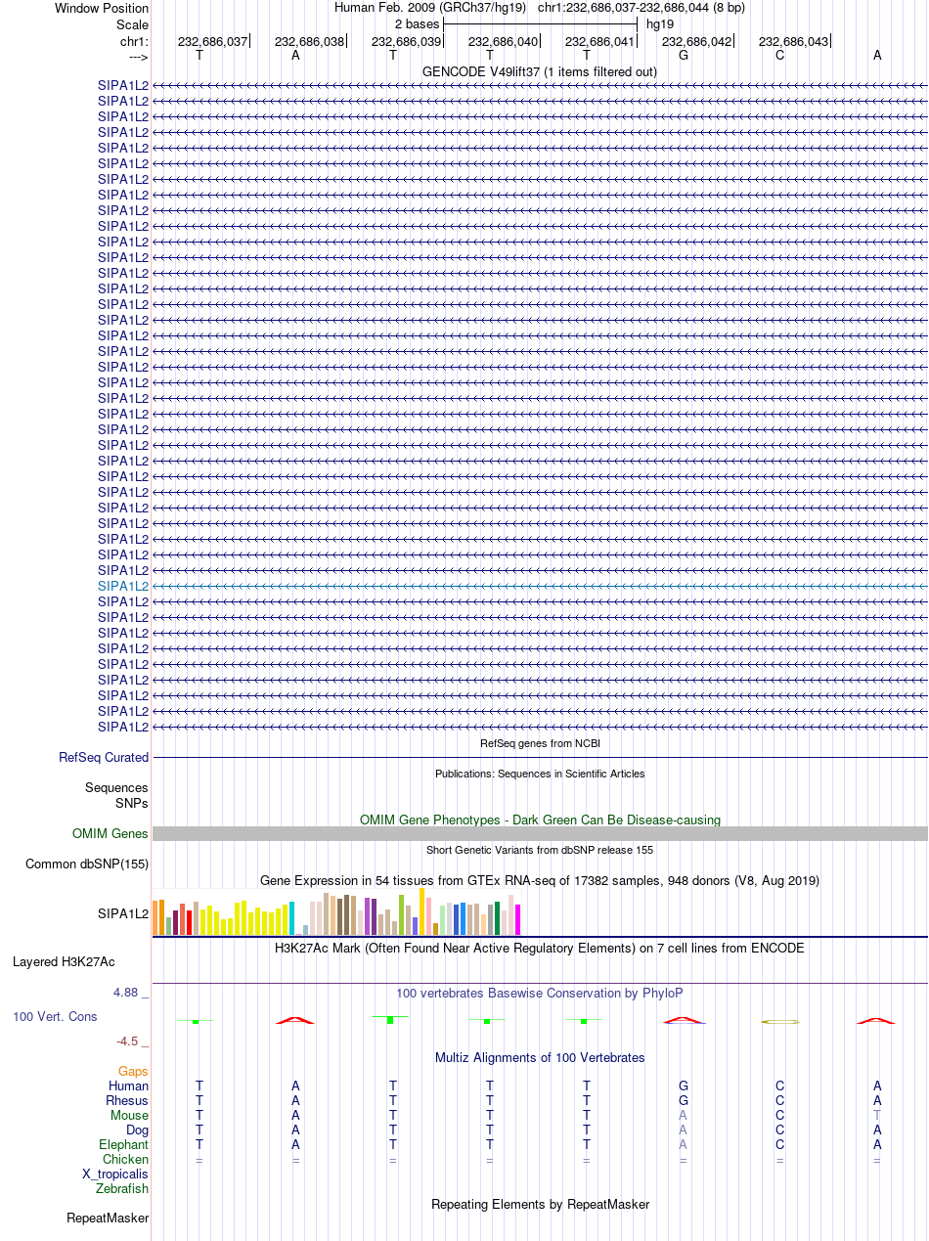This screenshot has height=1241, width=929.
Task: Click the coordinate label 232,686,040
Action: click(503, 42)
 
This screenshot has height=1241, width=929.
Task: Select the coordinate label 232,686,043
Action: click(793, 42)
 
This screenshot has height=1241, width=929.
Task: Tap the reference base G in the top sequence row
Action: click(684, 56)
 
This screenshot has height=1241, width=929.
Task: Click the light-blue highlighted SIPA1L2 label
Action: click(123, 587)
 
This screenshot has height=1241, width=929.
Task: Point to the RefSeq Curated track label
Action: click(104, 758)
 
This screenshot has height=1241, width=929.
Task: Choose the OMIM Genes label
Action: click(111, 834)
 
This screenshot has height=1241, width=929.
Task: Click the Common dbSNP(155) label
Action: click(87, 864)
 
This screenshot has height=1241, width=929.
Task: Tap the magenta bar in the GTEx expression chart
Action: click(517, 919)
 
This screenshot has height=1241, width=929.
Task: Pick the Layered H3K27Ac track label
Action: click(64, 962)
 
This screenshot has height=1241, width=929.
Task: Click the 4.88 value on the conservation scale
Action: click(125, 993)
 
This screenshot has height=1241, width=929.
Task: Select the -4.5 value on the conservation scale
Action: click(127, 1042)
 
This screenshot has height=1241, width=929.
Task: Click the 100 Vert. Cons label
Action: click(55, 1017)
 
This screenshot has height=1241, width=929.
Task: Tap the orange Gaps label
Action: click(133, 1072)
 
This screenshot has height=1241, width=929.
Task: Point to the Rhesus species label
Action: click(127, 1101)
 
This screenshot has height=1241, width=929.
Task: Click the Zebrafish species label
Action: click(122, 1189)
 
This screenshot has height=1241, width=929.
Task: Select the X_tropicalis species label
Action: click(115, 1175)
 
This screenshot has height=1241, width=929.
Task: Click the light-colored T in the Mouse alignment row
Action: click(877, 1116)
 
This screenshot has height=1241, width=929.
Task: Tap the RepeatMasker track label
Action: click(108, 1219)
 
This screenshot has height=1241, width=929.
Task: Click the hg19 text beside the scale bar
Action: click(660, 24)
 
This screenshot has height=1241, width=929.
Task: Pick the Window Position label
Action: click(102, 9)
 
